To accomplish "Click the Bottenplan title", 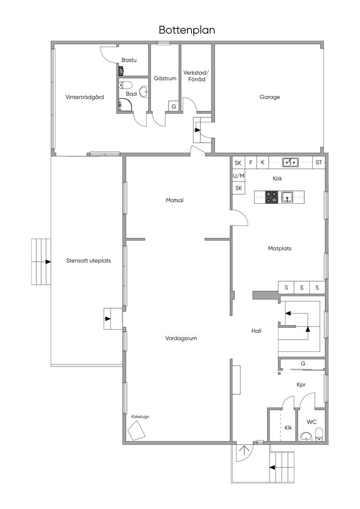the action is point(186,30).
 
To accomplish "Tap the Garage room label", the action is point(270,97).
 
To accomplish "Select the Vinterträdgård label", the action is point(85,97).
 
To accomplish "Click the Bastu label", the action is point(129,60).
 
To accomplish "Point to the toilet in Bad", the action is point(126,85).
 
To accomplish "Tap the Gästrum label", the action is point(165,78).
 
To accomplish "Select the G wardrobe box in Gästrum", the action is point(174,106).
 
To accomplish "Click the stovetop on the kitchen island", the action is point(271,197).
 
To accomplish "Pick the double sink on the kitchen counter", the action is point(290,162).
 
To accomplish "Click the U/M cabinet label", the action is point(238,175).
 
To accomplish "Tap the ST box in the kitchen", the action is point(318,163).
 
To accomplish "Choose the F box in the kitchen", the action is point(251,163).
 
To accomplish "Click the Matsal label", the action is point(175,200).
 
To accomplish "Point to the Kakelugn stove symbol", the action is point(136,430).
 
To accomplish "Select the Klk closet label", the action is point(288,427).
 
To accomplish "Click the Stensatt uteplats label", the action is point(89,260).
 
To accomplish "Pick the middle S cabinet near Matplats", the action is point(301,287).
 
